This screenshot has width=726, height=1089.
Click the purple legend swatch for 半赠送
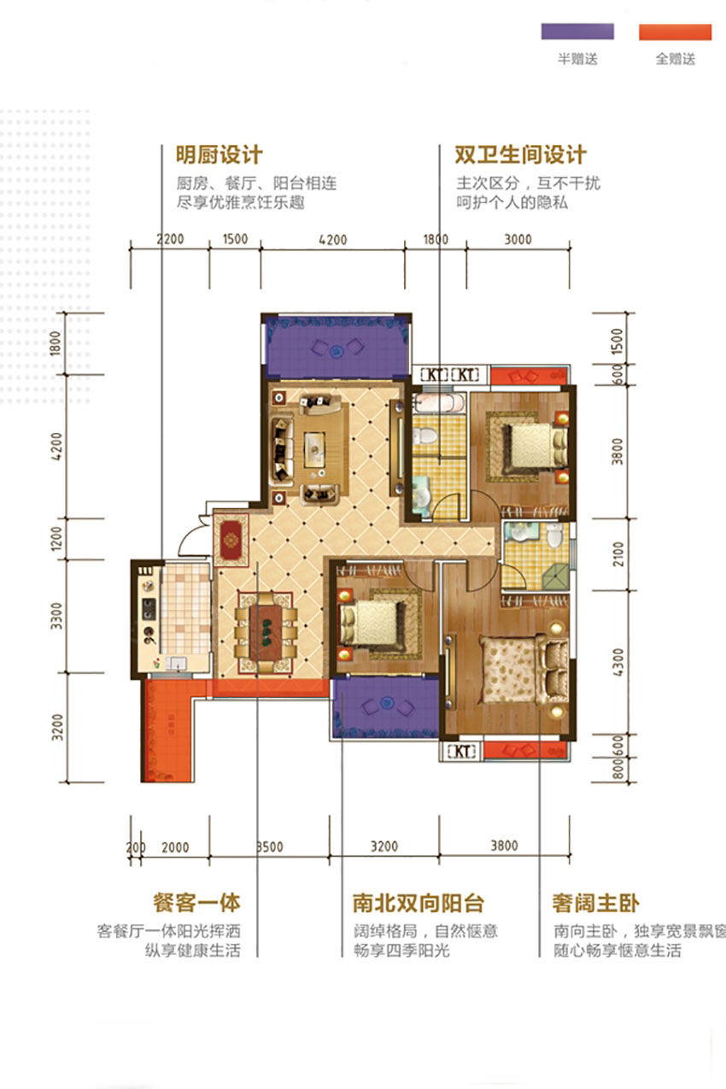coord(577,32)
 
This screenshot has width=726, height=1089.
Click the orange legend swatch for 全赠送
coord(675,32)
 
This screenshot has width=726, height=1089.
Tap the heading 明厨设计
coord(219,155)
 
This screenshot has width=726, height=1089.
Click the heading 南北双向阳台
coord(419,903)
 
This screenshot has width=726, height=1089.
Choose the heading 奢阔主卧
coord(596,903)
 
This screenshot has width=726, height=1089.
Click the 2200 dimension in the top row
coord(171,240)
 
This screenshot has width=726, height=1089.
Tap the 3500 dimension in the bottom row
coord(270,847)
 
